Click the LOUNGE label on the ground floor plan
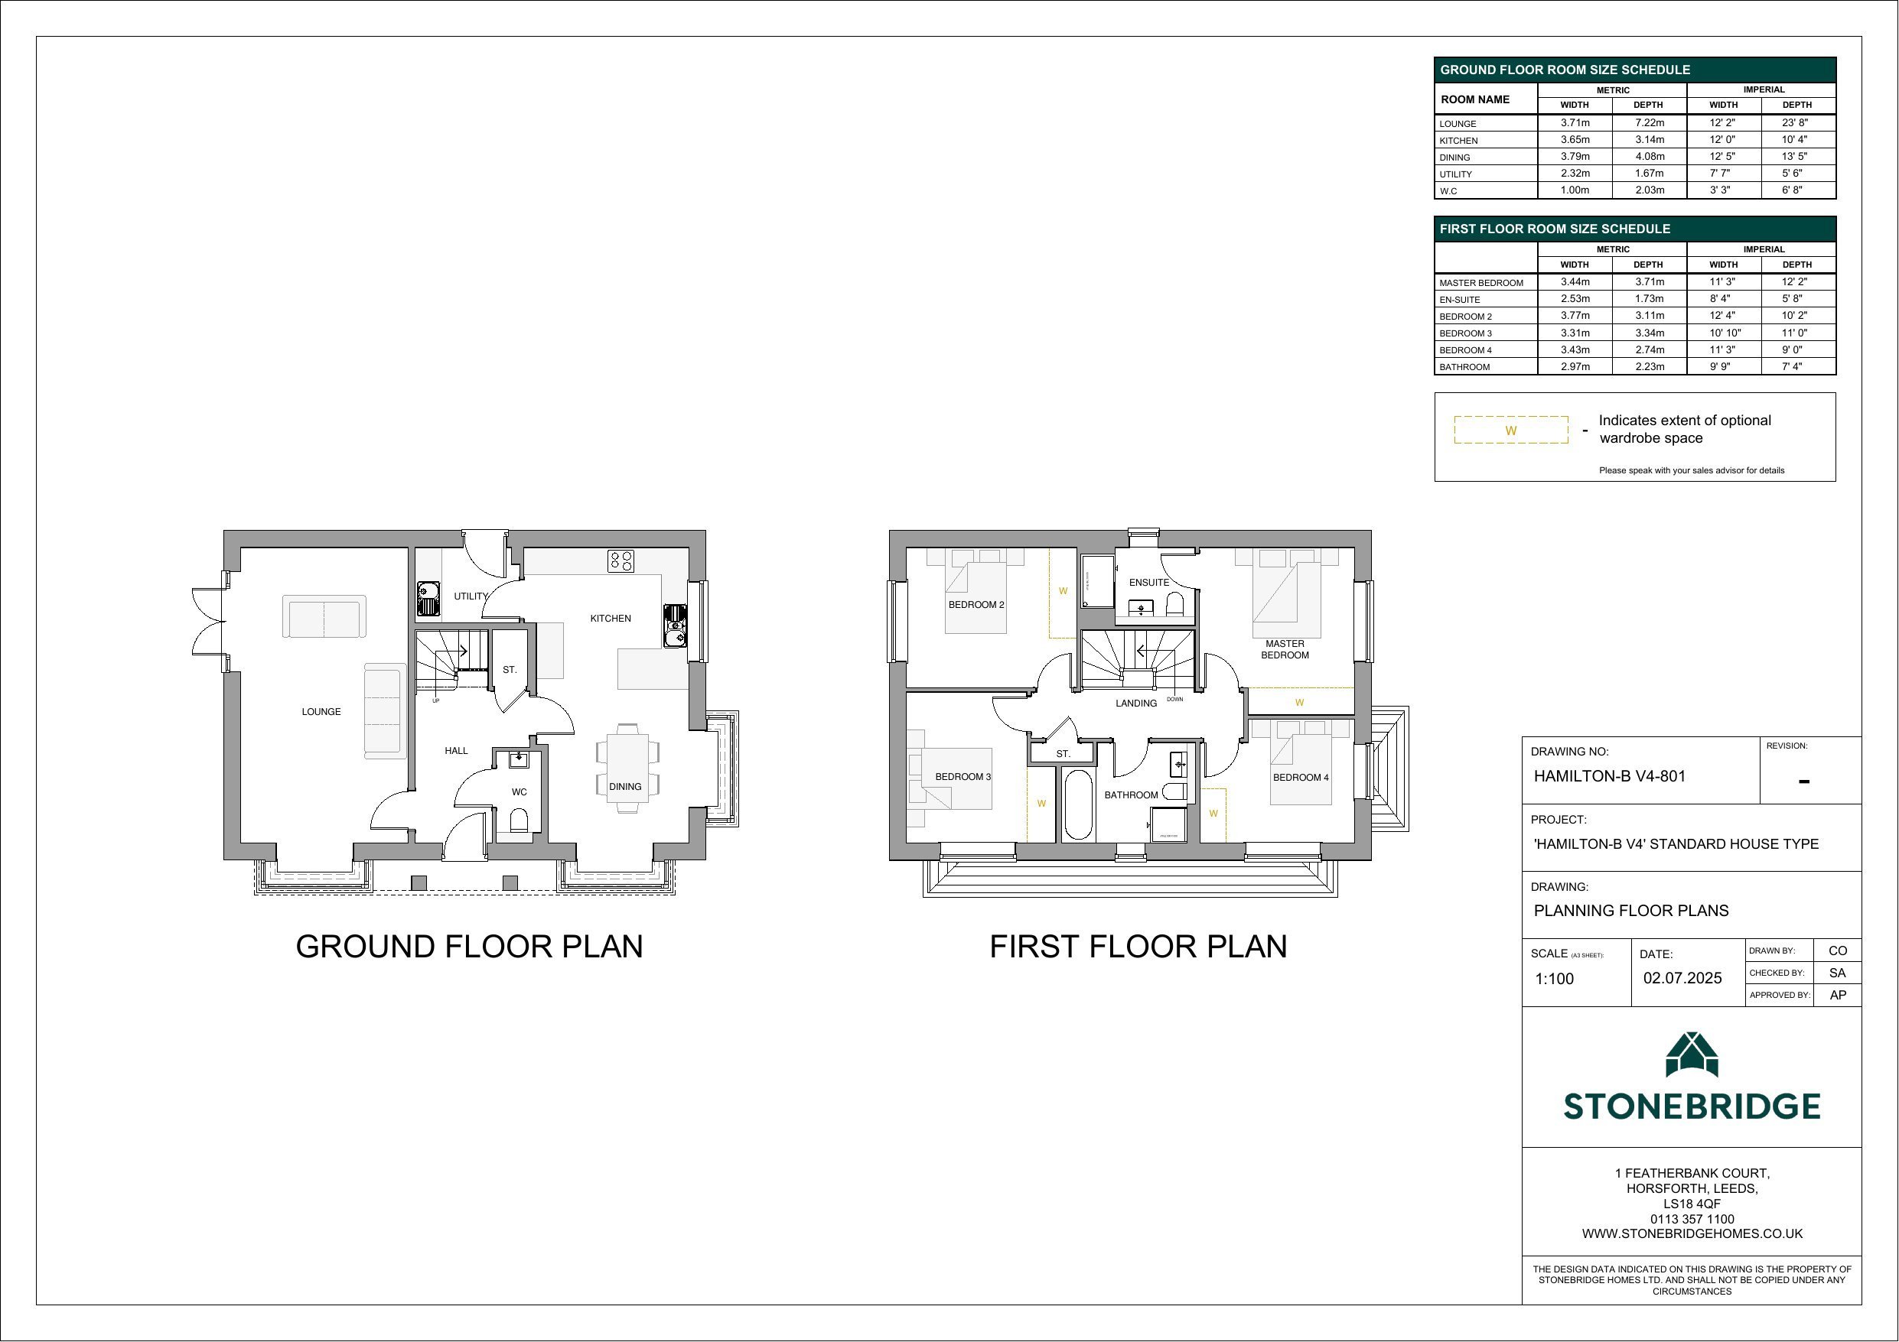click(321, 712)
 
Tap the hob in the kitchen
click(621, 561)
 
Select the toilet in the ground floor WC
click(520, 820)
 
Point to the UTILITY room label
click(471, 596)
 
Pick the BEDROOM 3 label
click(963, 777)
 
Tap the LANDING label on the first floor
click(1135, 703)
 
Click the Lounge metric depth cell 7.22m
click(1650, 122)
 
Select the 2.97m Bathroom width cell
click(1575, 366)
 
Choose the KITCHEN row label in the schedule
click(1458, 141)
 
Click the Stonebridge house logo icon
click(1692, 1054)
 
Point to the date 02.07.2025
click(1682, 978)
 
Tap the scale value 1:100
click(1554, 979)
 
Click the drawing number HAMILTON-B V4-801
click(1610, 776)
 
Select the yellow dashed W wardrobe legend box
click(1511, 430)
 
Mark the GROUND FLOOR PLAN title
click(469, 947)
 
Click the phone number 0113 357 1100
click(1692, 1219)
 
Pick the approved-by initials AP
click(1838, 996)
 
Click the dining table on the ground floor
click(627, 770)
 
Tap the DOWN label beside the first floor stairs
click(1174, 700)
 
